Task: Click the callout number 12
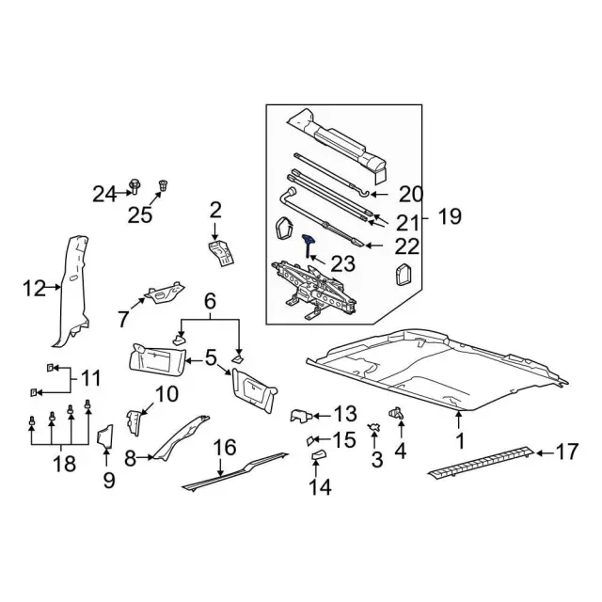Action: pos(34,288)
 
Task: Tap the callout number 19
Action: pos(449,217)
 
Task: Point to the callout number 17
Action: pos(565,452)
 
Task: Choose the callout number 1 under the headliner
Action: pos(461,440)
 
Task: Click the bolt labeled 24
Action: pos(135,194)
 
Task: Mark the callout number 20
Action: pos(412,195)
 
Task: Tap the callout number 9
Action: pos(108,481)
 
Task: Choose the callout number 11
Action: pos(90,379)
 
